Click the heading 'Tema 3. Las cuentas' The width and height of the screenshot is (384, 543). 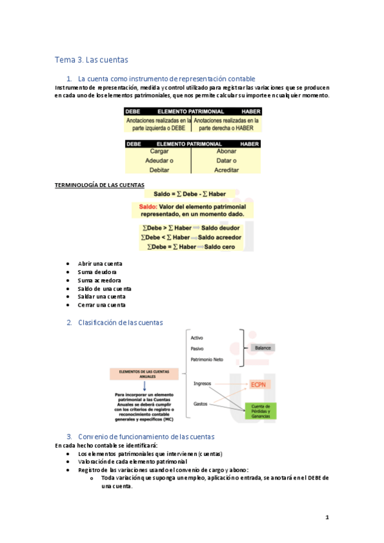click(91, 60)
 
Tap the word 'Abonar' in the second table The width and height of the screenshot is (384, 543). click(226, 152)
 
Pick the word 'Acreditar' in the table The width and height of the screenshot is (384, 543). click(226, 170)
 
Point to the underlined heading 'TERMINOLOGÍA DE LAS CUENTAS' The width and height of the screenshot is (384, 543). click(99, 185)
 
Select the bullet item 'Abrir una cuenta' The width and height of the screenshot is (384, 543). click(99, 264)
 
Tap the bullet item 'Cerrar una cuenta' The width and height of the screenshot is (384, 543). click(101, 305)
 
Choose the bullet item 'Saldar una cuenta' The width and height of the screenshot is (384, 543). click(101, 296)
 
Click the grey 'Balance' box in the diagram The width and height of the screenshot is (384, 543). click(263, 348)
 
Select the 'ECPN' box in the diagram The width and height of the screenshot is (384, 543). click(262, 384)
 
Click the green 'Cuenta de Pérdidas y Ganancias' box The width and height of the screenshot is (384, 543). click(263, 411)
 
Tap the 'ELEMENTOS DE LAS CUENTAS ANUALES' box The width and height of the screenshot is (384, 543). click(138, 373)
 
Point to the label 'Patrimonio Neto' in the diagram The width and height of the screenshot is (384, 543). click(207, 360)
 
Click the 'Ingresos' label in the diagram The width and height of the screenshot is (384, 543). click(203, 383)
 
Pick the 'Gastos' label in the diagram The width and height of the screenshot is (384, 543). click(201, 403)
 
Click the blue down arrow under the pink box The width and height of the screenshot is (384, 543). click(138, 385)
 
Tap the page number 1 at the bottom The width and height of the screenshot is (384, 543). click(326, 517)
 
